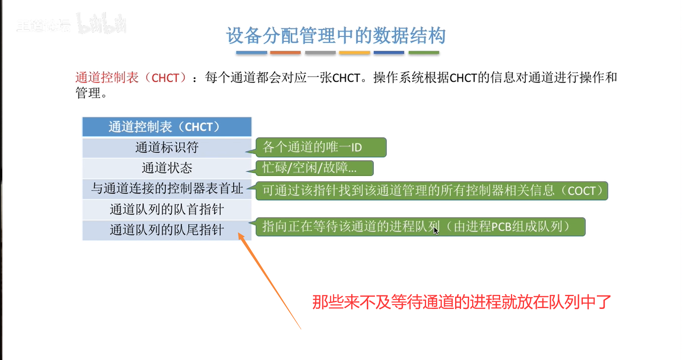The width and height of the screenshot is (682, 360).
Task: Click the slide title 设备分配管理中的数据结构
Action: point(335,36)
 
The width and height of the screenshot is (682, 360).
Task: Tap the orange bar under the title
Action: point(285,53)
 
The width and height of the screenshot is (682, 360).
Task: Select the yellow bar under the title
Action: point(354,53)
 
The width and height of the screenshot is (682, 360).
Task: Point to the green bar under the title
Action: point(424,53)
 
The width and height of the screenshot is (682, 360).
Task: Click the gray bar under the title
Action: point(320,53)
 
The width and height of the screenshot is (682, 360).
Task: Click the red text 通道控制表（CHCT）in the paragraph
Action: point(131,78)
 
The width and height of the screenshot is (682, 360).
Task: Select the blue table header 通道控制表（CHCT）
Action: point(167,127)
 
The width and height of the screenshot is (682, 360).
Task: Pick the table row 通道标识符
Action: point(167,148)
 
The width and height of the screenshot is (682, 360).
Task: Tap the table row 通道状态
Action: point(167,168)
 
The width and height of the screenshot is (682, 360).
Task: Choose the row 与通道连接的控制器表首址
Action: point(167,189)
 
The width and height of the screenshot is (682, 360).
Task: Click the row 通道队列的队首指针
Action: point(167,209)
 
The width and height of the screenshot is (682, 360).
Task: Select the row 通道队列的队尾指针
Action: point(167,230)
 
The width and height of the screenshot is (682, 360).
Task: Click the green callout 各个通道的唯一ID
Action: point(321,148)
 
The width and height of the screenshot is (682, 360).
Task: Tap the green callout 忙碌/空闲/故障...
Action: point(315,168)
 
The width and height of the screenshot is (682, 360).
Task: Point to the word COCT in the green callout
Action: point(582,191)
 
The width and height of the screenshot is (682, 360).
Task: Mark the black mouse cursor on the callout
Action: point(436,230)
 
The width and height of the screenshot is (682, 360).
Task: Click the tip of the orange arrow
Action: point(238,233)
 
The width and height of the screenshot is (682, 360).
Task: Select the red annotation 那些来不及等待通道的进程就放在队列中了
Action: point(461,302)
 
